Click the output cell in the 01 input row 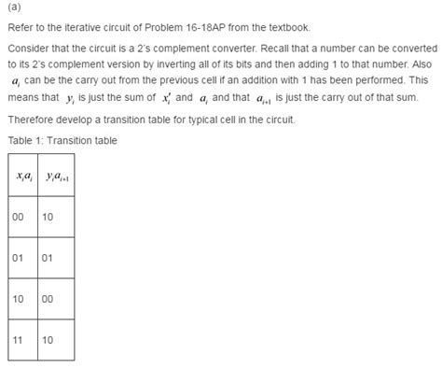tap(51, 256)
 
